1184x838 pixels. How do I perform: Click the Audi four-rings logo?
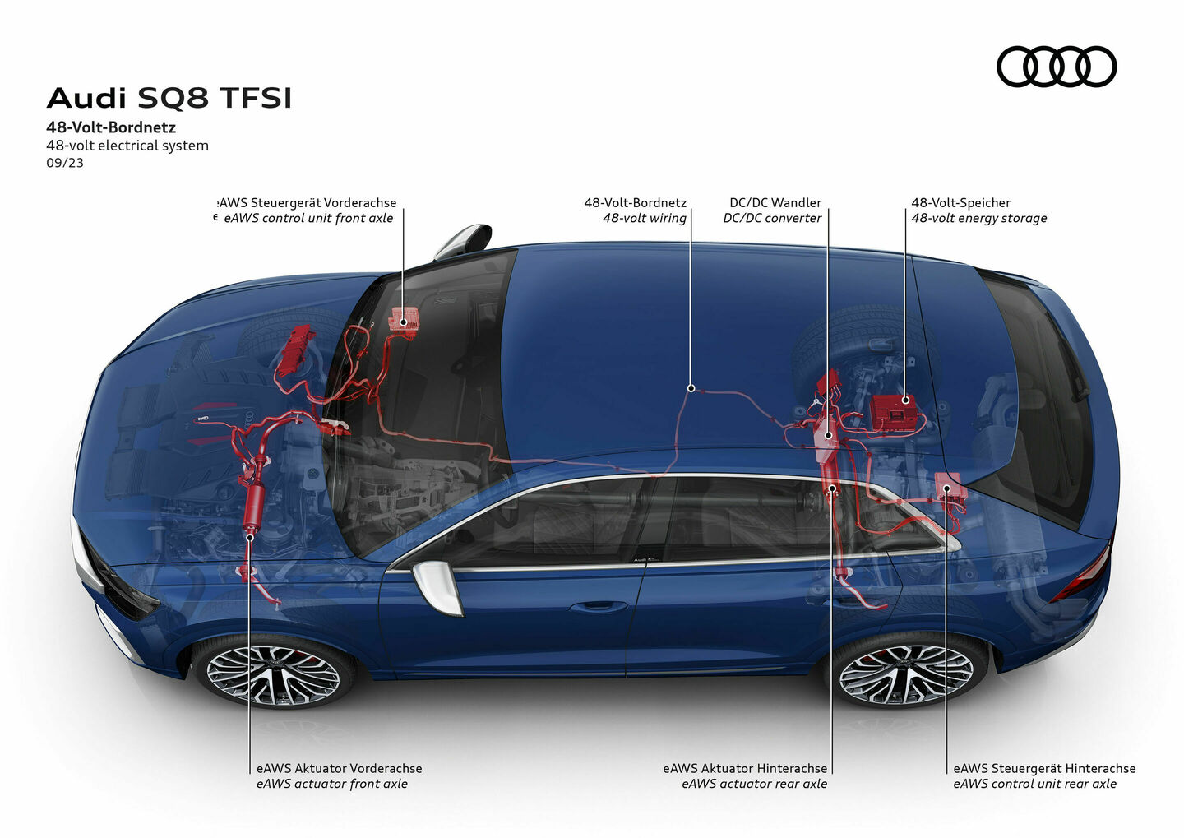coord(1057,67)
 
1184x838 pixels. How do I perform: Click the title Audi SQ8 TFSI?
coord(169,98)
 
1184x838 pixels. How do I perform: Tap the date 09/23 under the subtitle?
coord(65,163)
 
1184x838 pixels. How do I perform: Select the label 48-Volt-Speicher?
coord(960,202)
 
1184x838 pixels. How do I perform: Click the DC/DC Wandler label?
coord(775,202)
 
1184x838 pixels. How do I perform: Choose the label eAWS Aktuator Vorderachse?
coord(339,768)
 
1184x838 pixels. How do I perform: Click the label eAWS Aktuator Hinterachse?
coord(745,768)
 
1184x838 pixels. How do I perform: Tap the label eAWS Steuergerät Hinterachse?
coord(1044,768)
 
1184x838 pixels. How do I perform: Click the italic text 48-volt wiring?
coord(644,218)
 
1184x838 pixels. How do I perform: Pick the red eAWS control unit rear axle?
coord(948,488)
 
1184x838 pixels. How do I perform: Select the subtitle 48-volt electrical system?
coord(127,146)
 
